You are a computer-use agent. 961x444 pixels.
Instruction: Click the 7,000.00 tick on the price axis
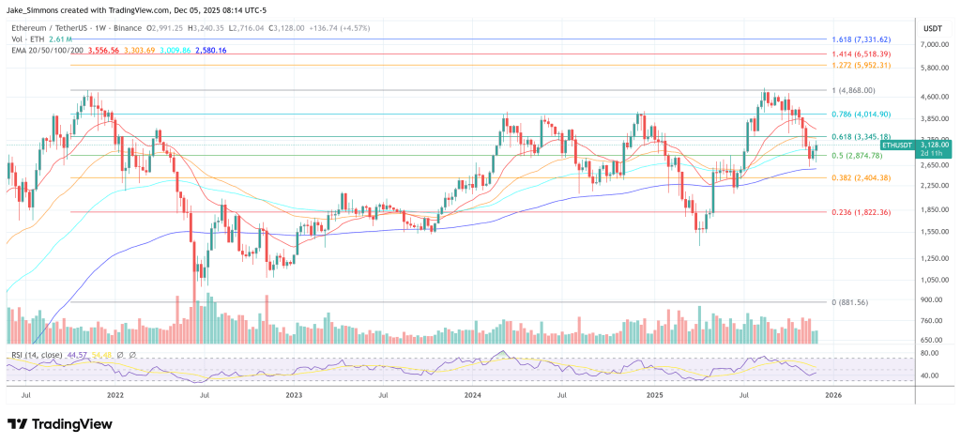click(x=935, y=44)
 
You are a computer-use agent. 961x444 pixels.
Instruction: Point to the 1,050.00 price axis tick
click(x=935, y=280)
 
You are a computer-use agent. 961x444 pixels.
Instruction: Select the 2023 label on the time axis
click(x=294, y=396)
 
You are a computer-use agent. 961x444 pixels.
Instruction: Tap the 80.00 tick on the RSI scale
click(x=930, y=353)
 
